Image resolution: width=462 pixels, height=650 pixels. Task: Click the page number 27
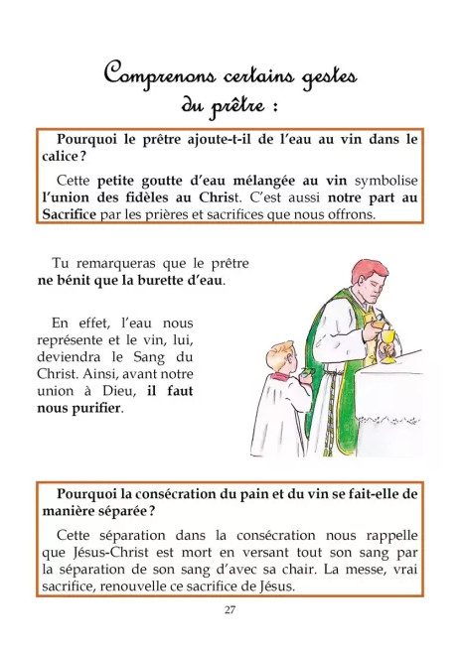click(x=230, y=609)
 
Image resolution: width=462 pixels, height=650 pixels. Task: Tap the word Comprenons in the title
click(x=159, y=74)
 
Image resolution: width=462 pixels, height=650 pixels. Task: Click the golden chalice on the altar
click(x=388, y=346)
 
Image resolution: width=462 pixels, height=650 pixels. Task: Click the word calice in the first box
click(x=61, y=156)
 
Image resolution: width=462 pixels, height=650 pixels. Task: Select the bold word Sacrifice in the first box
click(x=69, y=214)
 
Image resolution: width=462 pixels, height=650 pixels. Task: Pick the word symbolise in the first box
click(x=386, y=181)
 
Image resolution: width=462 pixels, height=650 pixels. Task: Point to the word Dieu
click(x=119, y=391)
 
